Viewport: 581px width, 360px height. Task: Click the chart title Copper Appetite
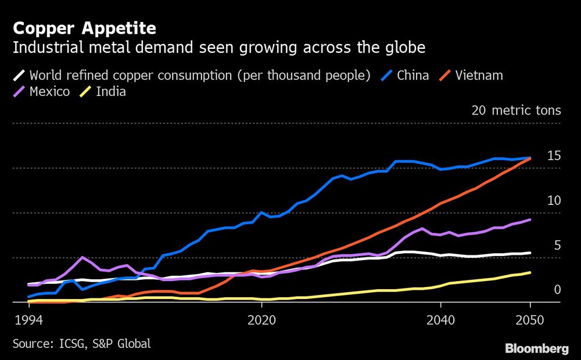tap(84, 28)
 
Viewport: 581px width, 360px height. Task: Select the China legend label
tap(413, 75)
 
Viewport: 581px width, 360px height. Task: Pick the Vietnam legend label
tap(479, 75)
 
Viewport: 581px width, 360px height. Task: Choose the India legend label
tap(110, 92)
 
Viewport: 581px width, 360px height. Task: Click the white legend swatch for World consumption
tap(19, 75)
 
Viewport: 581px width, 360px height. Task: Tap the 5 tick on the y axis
tap(557, 245)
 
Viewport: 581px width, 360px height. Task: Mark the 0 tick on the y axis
tap(557, 290)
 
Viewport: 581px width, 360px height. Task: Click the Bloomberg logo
tap(536, 348)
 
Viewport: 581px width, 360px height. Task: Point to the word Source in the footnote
tap(30, 344)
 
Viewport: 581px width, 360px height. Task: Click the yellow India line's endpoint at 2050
tap(530, 272)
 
